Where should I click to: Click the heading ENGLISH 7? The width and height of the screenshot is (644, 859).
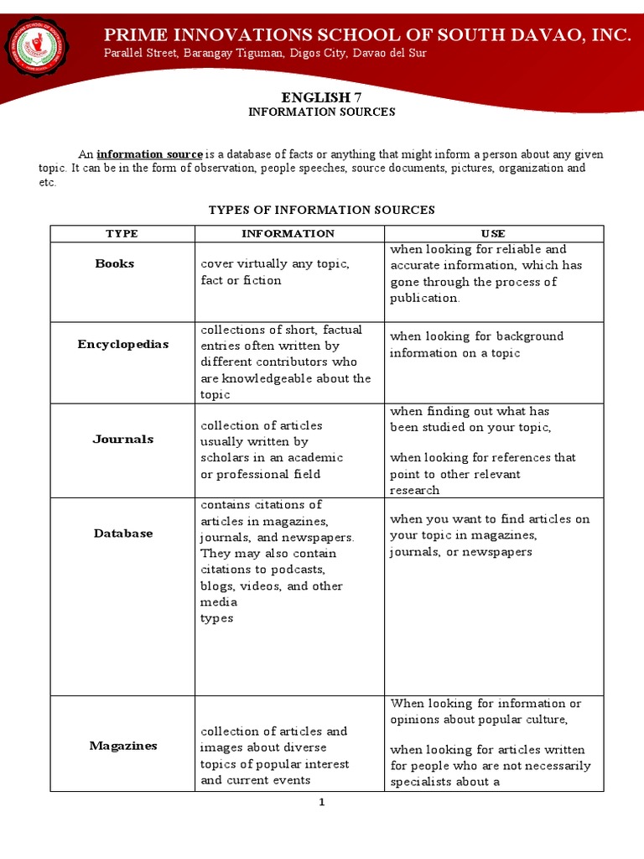[321, 98]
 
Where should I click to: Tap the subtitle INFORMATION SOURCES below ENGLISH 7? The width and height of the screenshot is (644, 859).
[321, 112]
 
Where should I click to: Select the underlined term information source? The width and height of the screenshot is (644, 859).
[150, 154]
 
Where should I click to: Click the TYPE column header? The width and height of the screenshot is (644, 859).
[122, 233]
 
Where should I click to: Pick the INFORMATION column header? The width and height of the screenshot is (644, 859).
[288, 233]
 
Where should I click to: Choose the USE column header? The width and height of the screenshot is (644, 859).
[493, 233]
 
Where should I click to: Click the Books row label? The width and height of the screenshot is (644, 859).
[115, 263]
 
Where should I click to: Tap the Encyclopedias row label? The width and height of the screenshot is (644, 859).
[122, 344]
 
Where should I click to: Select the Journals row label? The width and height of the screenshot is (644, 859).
[122, 439]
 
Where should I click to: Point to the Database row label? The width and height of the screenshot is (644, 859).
[122, 533]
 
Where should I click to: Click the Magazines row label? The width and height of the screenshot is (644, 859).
[122, 746]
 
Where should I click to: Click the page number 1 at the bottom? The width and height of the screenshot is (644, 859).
[321, 802]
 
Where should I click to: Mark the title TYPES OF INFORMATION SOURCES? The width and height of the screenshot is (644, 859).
[321, 210]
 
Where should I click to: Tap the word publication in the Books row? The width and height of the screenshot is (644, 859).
[424, 298]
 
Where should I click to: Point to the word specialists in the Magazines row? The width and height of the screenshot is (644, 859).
[422, 782]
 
